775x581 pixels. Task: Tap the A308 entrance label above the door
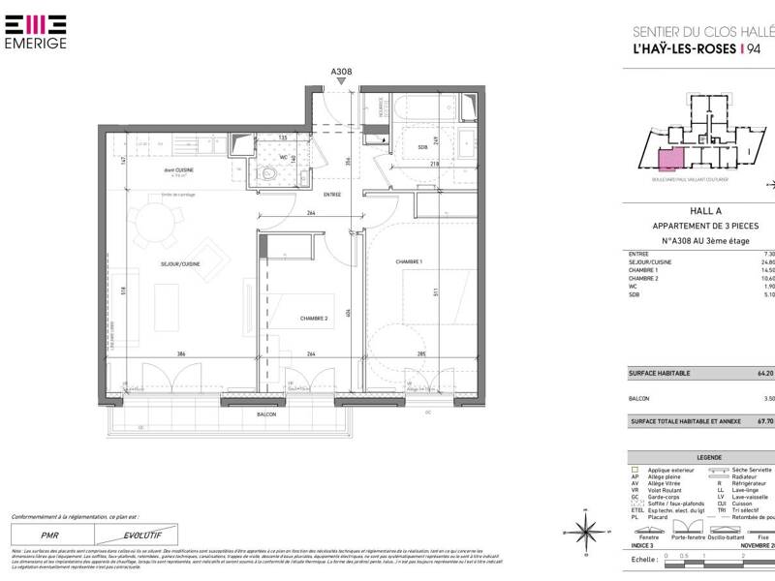(x=341, y=72)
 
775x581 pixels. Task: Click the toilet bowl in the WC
(x=268, y=174)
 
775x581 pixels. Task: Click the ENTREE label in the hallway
(x=333, y=194)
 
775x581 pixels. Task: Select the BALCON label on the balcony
(x=266, y=413)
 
